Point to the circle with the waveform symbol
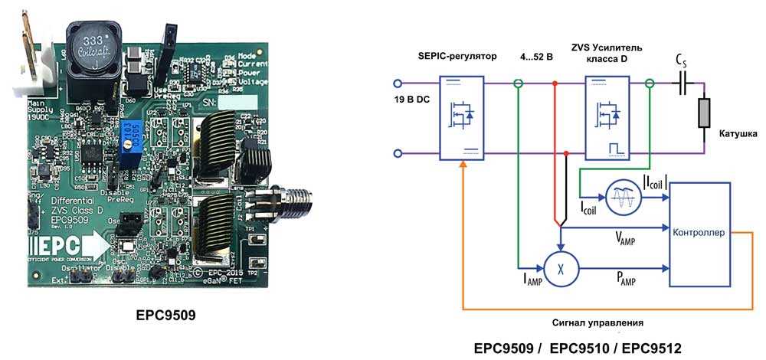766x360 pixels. (x=622, y=198)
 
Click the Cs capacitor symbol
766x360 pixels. (x=680, y=83)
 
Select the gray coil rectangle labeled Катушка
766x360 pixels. (x=704, y=113)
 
